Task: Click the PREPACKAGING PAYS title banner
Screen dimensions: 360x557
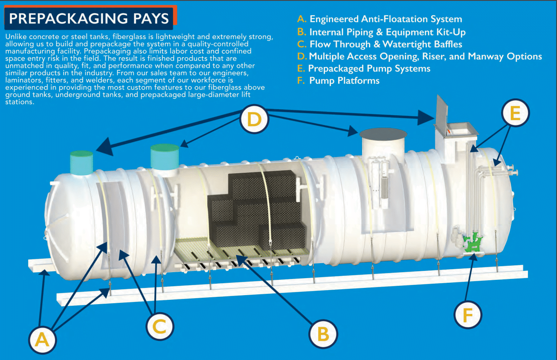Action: coord(89,19)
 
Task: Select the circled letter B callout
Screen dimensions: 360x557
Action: coord(323,334)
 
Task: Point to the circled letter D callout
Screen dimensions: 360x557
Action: coord(254,119)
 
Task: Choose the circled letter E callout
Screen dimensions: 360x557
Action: coord(514,113)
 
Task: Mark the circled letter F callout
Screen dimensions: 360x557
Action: coord(467,316)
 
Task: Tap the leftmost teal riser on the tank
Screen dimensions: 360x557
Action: coord(81,163)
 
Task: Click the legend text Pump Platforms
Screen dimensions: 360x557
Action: coord(344,81)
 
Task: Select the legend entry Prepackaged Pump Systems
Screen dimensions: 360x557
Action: coord(369,68)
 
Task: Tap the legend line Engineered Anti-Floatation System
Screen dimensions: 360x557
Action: coord(386,19)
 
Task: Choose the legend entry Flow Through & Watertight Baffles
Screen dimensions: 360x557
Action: coord(386,44)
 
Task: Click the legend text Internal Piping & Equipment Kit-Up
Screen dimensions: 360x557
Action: coord(387,32)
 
